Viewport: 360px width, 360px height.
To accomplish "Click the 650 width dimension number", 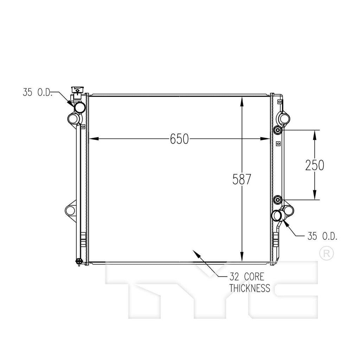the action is (179, 139).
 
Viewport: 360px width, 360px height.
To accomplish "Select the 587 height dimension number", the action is (242, 179).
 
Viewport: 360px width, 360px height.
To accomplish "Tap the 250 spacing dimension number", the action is (315, 165).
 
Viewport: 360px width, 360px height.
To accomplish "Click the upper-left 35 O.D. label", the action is (37, 92).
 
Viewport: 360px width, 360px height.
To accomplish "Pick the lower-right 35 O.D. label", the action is (322, 236).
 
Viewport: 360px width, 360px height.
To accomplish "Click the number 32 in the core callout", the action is (234, 277).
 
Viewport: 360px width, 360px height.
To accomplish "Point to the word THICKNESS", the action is (250, 288).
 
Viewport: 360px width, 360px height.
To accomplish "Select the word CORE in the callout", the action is (254, 277).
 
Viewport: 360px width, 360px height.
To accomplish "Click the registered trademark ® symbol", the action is (327, 253).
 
